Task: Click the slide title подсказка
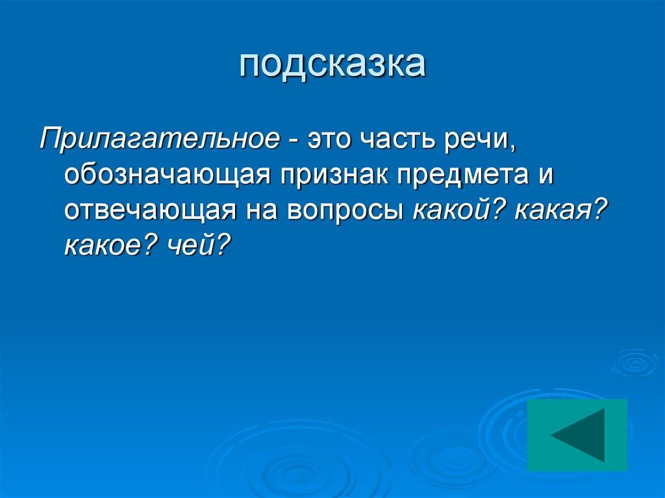click(x=332, y=66)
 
